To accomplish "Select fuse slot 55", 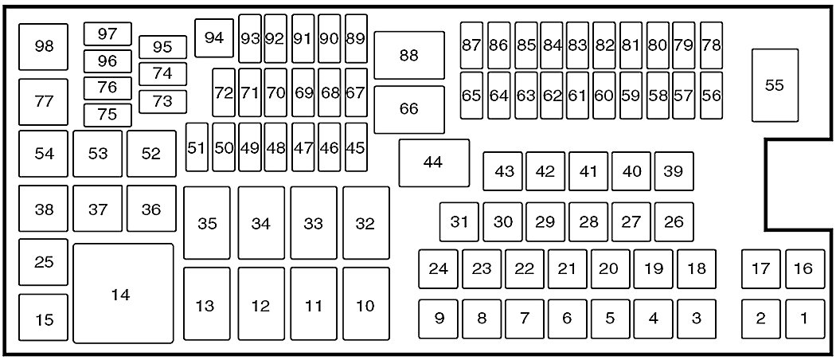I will (774, 85).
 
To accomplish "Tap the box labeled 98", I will (45, 46).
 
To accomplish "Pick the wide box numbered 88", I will (409, 55).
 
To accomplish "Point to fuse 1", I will (804, 319).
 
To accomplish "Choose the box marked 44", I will (433, 162).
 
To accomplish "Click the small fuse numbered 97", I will (108, 33).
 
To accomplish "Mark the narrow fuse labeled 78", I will (710, 45).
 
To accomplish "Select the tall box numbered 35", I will (207, 223).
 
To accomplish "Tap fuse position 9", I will (439, 319).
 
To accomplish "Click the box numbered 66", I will (409, 109).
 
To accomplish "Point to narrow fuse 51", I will (197, 147).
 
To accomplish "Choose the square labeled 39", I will (674, 171).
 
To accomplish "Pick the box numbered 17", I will (761, 268).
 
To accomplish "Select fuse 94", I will (214, 37).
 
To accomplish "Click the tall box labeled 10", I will (365, 304).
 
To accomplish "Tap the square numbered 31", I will (459, 221).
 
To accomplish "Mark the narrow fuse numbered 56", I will (710, 96).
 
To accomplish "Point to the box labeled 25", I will (45, 261).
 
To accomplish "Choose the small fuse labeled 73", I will (162, 101).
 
